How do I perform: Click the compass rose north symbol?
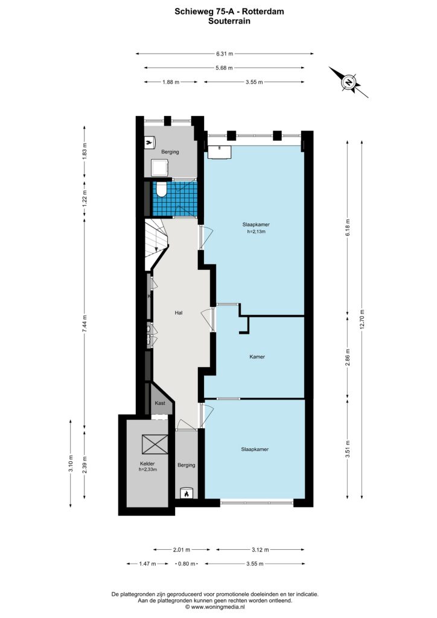(x=349, y=82)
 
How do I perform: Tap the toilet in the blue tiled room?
(x=161, y=190)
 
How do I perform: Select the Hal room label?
(x=179, y=313)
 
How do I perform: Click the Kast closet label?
(x=160, y=403)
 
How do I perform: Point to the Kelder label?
(x=147, y=463)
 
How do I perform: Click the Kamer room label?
(x=257, y=357)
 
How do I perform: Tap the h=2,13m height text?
(x=256, y=232)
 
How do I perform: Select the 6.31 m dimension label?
(x=224, y=54)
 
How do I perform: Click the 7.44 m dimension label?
(x=84, y=324)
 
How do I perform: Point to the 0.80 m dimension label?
(x=187, y=564)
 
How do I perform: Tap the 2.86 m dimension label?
(x=347, y=357)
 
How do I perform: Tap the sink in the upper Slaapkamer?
(x=219, y=151)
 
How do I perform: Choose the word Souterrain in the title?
(x=229, y=21)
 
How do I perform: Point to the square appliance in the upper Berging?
(x=160, y=169)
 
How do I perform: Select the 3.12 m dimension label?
(x=260, y=549)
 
